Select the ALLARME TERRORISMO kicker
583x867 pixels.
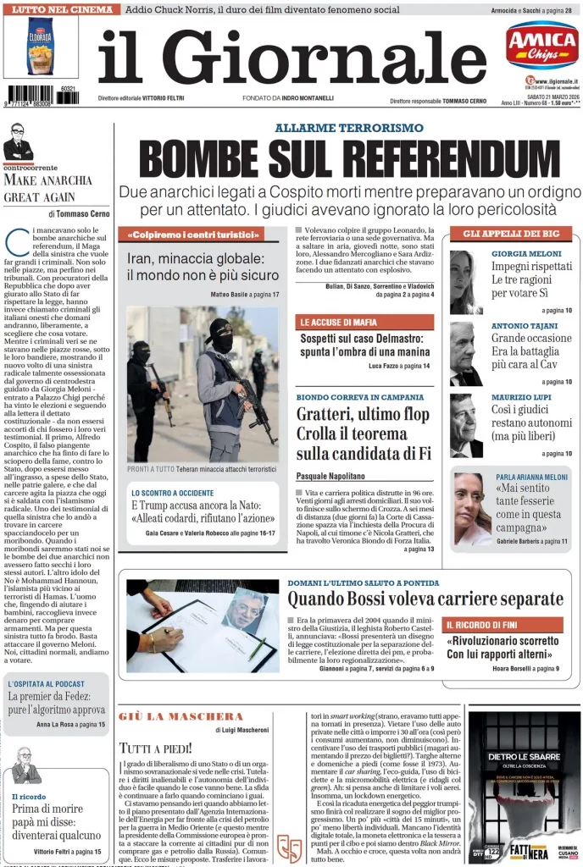click(348, 128)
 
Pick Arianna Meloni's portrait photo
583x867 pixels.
click(472, 509)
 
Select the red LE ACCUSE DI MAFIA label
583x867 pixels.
click(364, 322)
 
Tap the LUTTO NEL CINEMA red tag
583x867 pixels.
click(60, 9)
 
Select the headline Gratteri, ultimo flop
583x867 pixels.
click(363, 414)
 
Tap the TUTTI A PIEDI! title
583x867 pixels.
click(156, 748)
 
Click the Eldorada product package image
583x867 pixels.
click(41, 48)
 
